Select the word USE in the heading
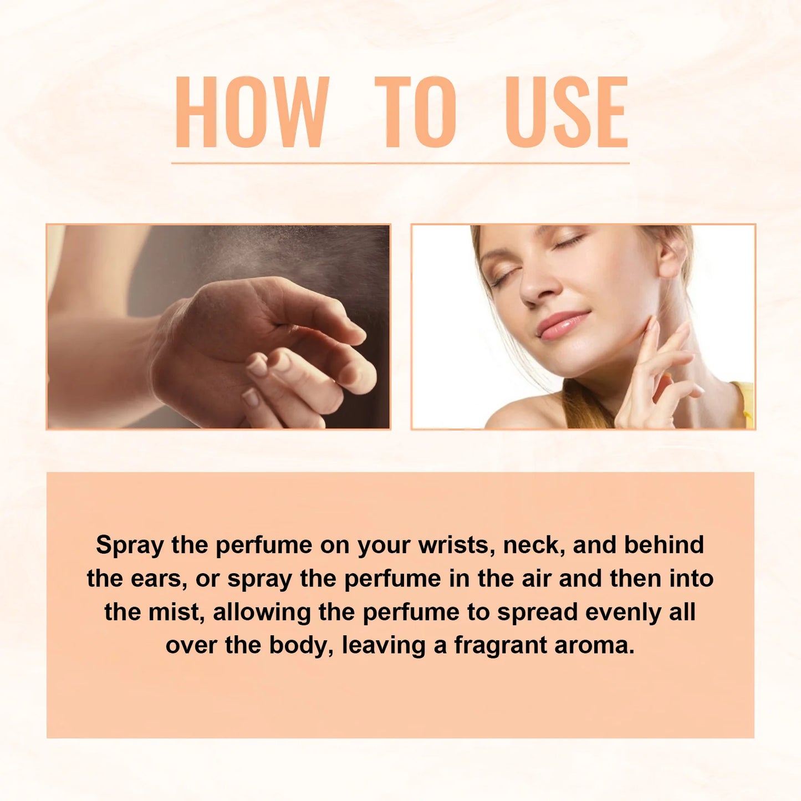point(567,112)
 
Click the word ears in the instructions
point(157,579)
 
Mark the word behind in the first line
point(664,545)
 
